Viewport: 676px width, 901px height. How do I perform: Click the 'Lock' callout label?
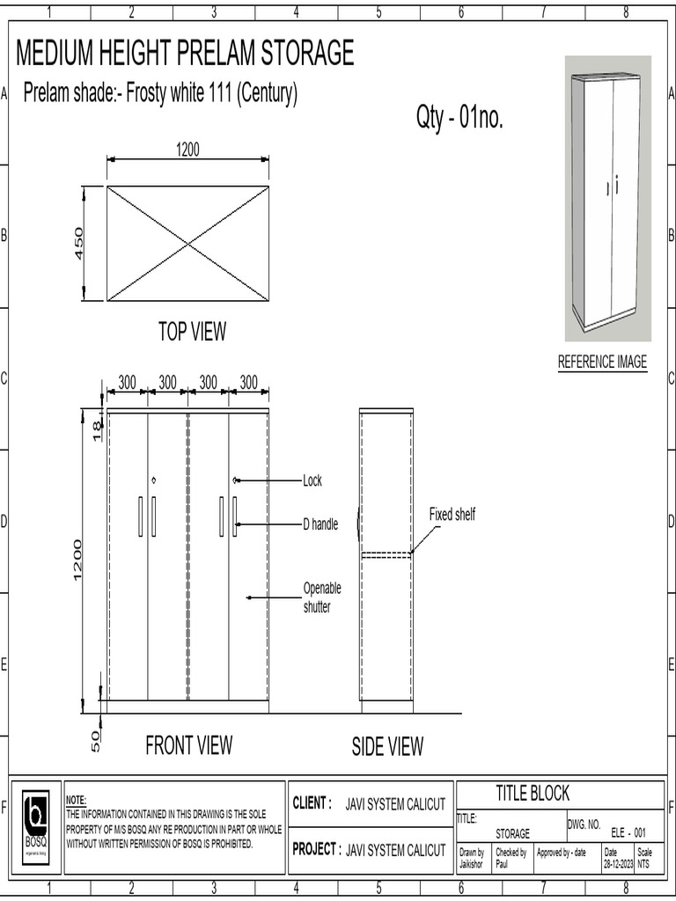pos(312,481)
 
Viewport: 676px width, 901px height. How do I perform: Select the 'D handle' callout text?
pos(320,524)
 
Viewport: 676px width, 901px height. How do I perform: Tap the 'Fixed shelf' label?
pos(452,515)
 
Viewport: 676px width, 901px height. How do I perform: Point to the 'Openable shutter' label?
pos(322,597)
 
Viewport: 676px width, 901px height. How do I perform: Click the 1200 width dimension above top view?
pos(187,150)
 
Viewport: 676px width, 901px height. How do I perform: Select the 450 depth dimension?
pos(78,244)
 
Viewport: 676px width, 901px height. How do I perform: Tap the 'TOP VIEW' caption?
pos(192,332)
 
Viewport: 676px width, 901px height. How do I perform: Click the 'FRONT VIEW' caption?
pos(188,745)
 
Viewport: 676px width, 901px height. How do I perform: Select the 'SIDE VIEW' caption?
pos(387,747)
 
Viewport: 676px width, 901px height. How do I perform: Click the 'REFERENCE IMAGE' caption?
pos(602,362)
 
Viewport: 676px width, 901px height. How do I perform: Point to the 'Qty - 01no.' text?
pos(459,119)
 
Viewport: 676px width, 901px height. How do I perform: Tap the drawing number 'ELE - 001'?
pos(628,832)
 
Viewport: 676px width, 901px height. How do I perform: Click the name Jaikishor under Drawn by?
pos(472,864)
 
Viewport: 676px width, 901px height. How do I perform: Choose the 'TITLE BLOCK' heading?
pos(533,793)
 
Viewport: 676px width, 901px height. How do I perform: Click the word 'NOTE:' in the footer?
pos(77,800)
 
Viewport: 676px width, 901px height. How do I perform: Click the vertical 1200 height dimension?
pos(78,560)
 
